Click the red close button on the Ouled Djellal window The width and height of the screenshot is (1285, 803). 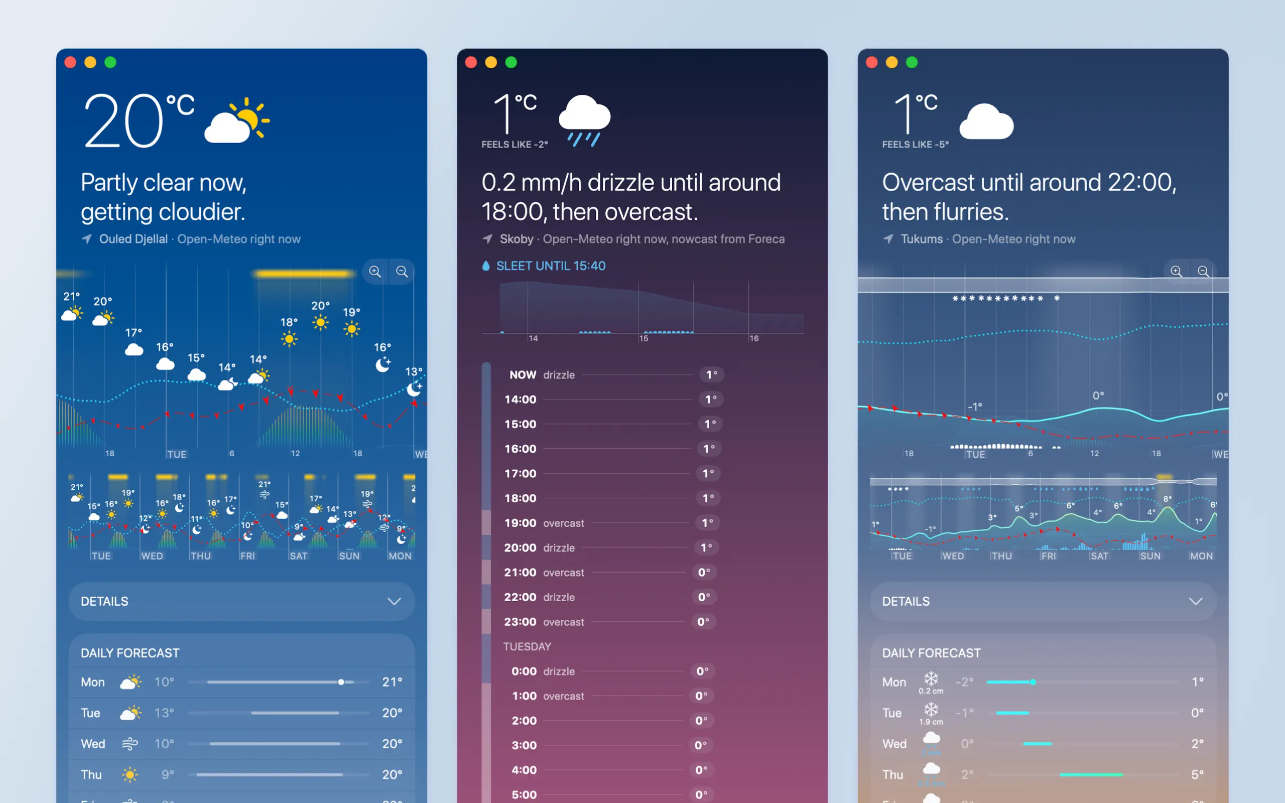[70, 63]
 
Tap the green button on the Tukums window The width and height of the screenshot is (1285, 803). [912, 63]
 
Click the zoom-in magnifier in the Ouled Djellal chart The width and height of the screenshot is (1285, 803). [375, 272]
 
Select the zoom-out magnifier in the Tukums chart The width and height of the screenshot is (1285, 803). [1203, 272]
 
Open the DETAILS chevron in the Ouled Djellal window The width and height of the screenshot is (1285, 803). [394, 601]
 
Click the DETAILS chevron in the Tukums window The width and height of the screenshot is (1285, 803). [1195, 601]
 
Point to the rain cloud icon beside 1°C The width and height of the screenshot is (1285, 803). [584, 120]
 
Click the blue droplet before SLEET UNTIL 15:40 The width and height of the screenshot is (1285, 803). [486, 265]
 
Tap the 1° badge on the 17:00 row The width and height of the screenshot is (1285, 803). [708, 473]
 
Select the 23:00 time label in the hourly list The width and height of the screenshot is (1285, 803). [520, 622]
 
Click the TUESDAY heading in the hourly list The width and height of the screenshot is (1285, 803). [527, 646]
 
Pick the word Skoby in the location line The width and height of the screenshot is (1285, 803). [516, 239]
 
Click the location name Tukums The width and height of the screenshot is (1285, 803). [921, 239]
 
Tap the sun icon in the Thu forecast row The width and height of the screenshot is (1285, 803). [130, 774]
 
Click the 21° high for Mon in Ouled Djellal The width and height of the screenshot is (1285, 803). [392, 682]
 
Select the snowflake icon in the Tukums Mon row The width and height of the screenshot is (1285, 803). [931, 679]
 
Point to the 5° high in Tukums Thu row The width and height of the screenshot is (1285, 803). [1197, 774]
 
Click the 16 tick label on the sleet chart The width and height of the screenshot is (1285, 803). [754, 338]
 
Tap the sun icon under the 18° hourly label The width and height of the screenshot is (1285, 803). [289, 339]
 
